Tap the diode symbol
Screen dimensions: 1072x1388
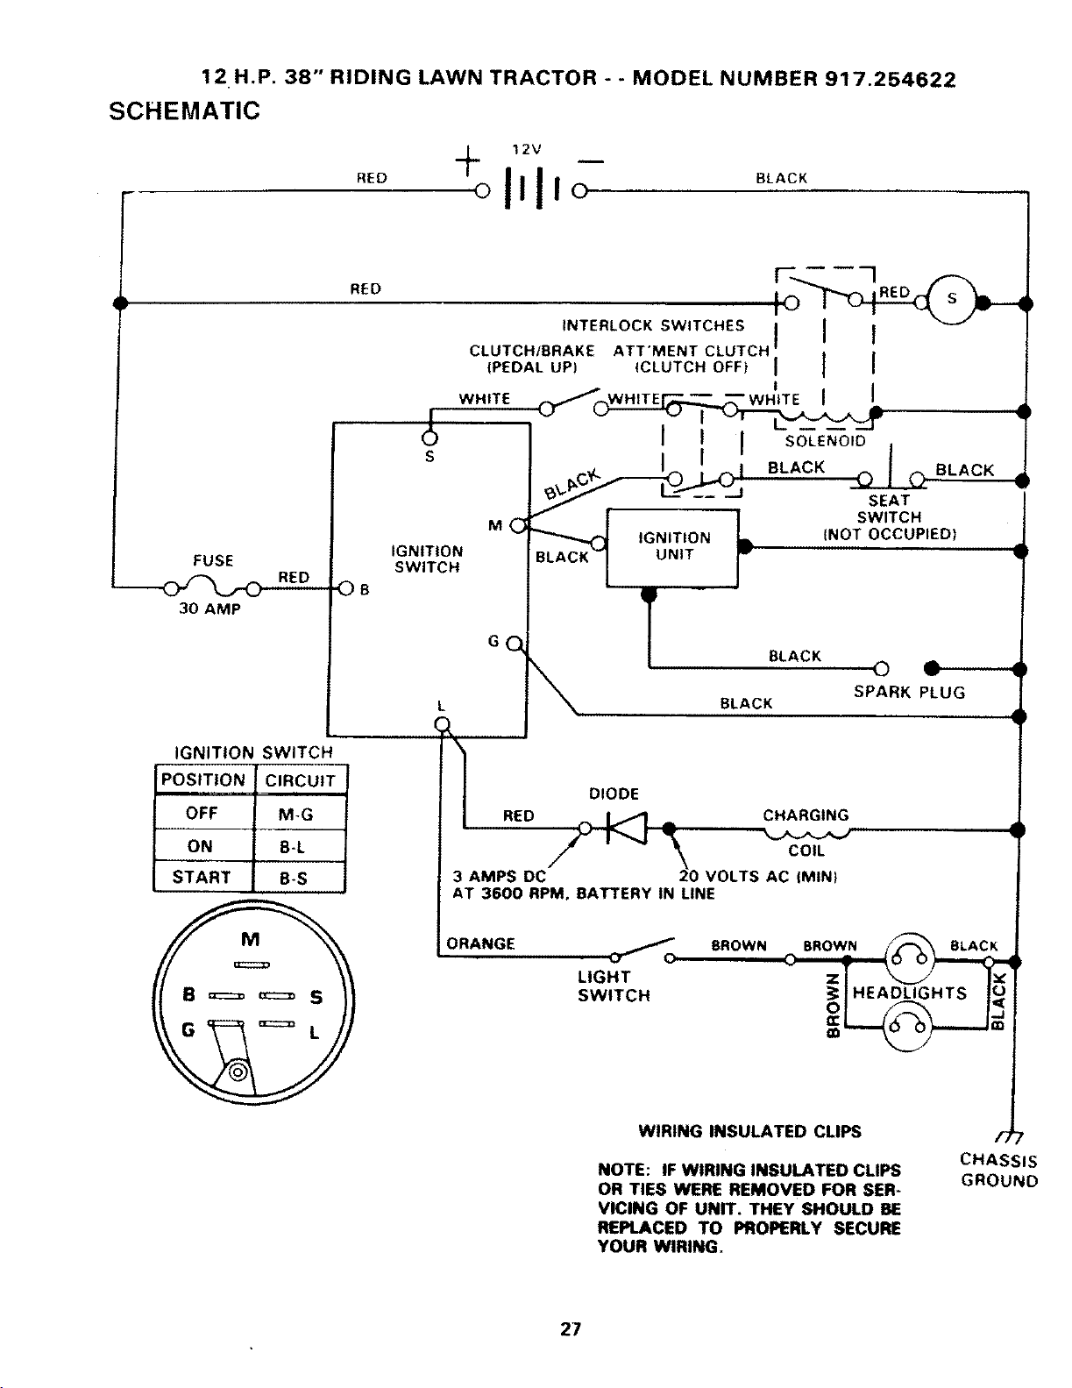[x=627, y=828]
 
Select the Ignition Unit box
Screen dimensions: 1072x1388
[x=672, y=547]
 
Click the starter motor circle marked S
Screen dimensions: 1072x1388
[x=951, y=300]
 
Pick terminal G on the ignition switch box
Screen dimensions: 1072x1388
[x=514, y=644]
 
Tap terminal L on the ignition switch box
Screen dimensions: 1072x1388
[x=442, y=723]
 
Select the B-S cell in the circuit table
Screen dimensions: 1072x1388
[x=299, y=877]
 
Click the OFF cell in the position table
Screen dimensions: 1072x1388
[x=203, y=813]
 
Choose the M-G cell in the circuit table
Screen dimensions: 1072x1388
[x=300, y=813]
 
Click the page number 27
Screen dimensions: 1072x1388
[x=570, y=1328]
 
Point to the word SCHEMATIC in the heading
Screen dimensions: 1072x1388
[x=185, y=110]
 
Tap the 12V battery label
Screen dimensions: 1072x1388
[x=527, y=149]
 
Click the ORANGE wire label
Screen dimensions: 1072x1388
[x=480, y=943]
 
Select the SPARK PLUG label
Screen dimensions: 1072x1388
[x=909, y=692]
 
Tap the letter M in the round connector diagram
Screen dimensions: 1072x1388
[x=251, y=939]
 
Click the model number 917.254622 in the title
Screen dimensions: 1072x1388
[x=891, y=79]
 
